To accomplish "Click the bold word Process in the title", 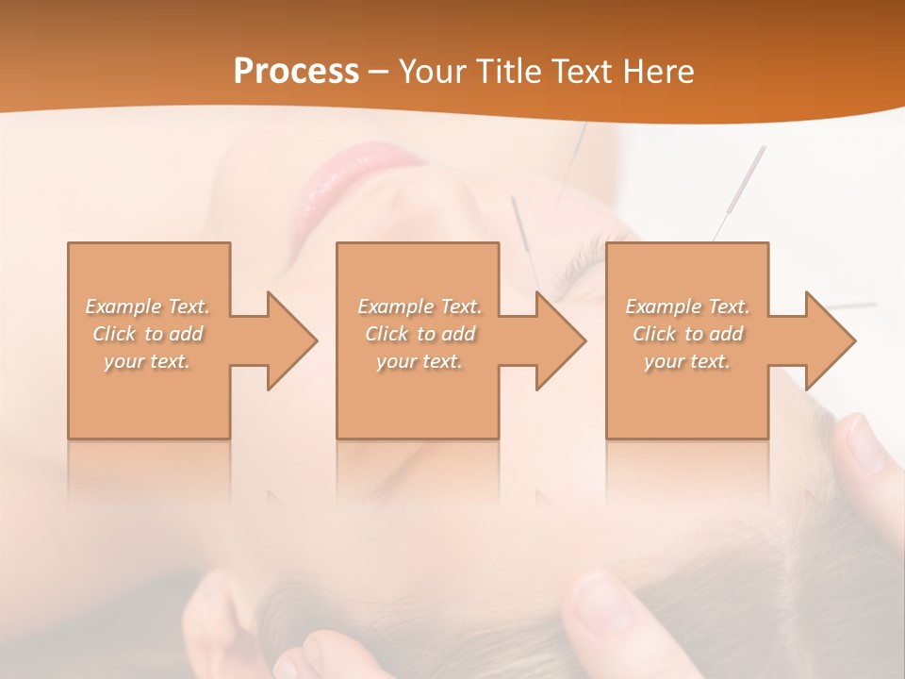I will pyautogui.click(x=296, y=72).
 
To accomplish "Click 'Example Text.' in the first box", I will pyautogui.click(x=148, y=306).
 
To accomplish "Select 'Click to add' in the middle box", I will pyautogui.click(x=420, y=334).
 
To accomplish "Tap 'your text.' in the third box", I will pyautogui.click(x=687, y=361).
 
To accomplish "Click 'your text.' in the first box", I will pyautogui.click(x=148, y=361).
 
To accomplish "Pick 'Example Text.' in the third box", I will pyautogui.click(x=687, y=306).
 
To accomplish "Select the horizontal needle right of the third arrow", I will pyautogui.click(x=853, y=306).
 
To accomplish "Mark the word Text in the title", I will pyautogui.click(x=584, y=72).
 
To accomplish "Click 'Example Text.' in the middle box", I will pyautogui.click(x=420, y=306).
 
